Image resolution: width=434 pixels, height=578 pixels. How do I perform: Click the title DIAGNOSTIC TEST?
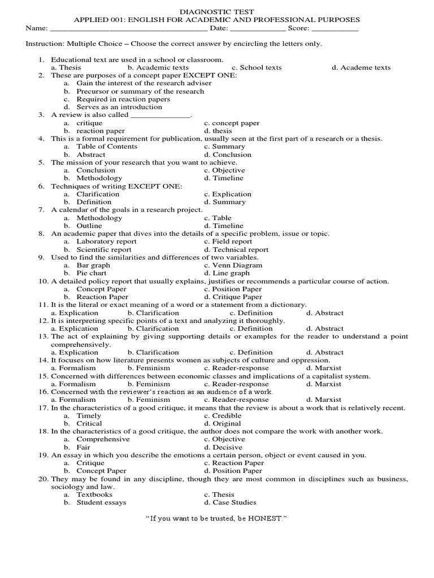point(216,11)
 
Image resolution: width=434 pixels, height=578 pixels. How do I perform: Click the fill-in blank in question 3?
point(161,115)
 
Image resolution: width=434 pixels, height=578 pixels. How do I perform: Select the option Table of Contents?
point(107,147)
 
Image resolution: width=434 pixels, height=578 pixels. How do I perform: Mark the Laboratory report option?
point(106,242)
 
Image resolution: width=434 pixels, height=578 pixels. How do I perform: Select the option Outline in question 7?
point(89,226)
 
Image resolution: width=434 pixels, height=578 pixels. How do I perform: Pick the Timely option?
point(89,415)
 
